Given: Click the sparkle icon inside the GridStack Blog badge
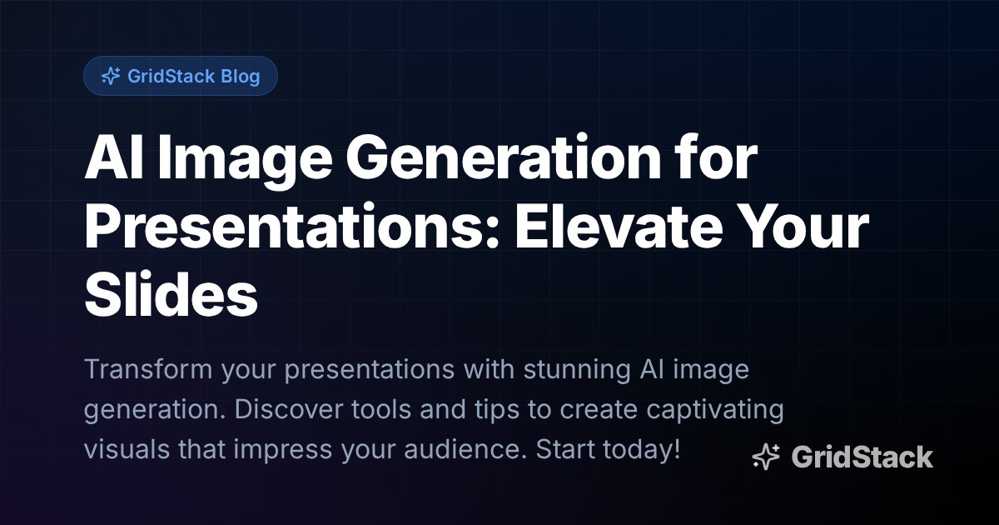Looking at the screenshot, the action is coord(111,76).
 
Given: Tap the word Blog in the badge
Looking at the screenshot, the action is coord(241,77).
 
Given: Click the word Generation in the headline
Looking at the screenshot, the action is coord(503,158).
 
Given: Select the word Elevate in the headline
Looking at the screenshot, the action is coord(619,227).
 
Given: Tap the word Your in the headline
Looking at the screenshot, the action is coord(803,227).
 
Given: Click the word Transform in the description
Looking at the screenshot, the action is coord(148,369).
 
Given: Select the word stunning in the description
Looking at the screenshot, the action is coord(577,371).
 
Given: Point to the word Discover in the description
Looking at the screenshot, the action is coord(289,409).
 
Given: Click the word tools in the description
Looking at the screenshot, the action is coord(381,409).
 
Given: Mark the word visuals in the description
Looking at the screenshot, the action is coord(127,449).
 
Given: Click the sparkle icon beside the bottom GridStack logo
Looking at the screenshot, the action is coord(766,457).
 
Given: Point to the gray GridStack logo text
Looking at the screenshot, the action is coord(862,457).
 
